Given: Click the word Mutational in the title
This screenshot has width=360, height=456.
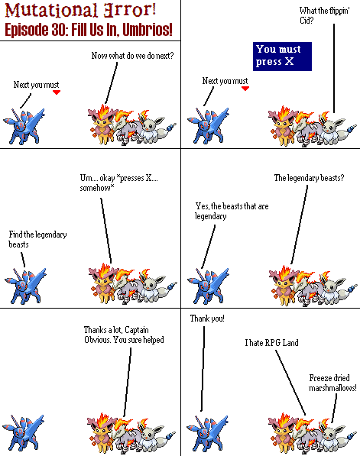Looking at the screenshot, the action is coord(51,10).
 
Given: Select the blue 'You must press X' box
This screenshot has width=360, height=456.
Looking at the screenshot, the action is coord(282,57).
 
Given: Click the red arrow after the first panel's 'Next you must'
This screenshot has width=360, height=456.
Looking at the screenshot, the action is coord(57,92).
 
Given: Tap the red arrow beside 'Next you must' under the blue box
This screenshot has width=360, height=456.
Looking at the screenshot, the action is coord(245,89).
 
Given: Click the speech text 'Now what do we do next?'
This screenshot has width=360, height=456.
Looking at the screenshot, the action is coord(132,56).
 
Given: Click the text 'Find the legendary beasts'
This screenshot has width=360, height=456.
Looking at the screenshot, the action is coord(37,239).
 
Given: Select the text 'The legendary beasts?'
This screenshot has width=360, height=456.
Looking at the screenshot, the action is coord(309,178).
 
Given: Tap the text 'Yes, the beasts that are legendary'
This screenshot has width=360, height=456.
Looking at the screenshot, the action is coord(232,211).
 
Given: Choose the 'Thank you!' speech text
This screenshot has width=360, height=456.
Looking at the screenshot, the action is coord(207,319).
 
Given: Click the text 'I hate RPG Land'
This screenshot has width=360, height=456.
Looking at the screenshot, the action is coord(271,343).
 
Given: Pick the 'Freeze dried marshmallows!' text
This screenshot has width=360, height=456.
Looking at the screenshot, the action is coord(332,383).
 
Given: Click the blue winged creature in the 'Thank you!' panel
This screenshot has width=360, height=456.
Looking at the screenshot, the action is coord(207,432).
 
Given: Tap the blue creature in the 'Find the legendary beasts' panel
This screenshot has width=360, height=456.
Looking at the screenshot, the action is coord(25,286).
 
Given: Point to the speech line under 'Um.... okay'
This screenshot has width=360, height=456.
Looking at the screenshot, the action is coord(106,231).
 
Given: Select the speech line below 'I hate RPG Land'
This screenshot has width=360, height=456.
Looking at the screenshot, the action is coord(290,383).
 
